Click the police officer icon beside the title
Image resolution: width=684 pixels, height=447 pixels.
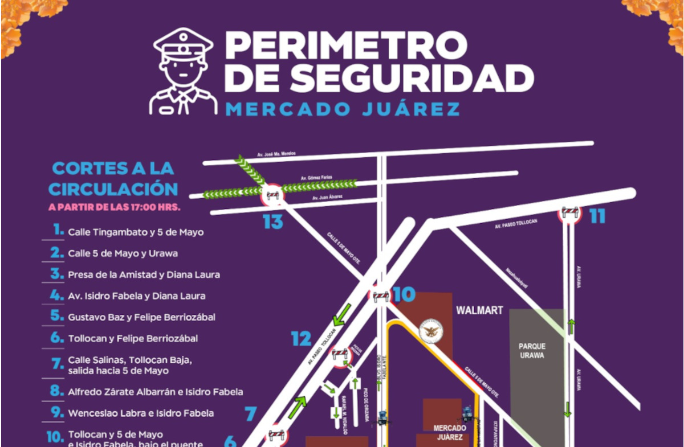point(183,72)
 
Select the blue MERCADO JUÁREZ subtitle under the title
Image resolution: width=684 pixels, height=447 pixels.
point(342,109)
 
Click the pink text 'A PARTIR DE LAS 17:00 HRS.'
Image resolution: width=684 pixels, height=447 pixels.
point(114,207)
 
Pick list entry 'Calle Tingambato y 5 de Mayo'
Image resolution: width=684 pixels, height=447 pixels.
point(136,232)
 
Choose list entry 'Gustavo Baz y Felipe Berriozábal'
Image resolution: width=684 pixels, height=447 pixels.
point(141,317)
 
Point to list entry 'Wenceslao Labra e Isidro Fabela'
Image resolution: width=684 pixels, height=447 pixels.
point(141,413)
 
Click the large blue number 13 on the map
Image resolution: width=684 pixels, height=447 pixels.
point(272,222)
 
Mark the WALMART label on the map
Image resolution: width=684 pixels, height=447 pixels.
point(479,310)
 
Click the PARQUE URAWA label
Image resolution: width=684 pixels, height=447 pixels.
point(532,351)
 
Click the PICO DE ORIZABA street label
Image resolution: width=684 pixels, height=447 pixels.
point(364,399)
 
